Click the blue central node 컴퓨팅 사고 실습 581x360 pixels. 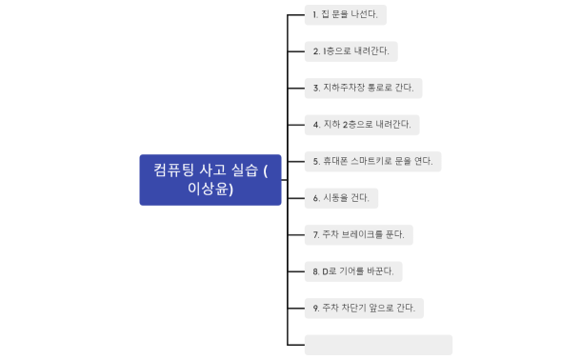(x=210, y=179)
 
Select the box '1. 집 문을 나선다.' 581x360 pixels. (x=346, y=15)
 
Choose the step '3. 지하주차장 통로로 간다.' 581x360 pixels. (x=363, y=88)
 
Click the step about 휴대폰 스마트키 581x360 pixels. (x=372, y=161)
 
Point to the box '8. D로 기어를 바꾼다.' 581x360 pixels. (x=353, y=271)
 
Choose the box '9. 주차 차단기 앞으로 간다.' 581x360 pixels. (x=364, y=308)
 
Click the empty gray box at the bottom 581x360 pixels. (x=378, y=344)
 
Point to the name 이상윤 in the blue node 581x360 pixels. (x=210, y=190)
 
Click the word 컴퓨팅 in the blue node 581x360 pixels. (x=174, y=170)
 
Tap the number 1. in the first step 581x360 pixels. (x=316, y=15)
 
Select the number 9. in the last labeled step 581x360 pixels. (x=316, y=308)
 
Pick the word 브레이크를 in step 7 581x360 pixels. (x=362, y=234)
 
